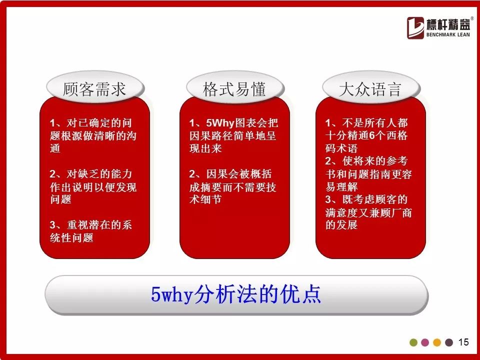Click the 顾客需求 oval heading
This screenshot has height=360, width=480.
(x=95, y=88)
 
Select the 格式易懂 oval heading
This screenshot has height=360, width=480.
(x=235, y=88)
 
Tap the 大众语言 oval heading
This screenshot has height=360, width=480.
(x=370, y=88)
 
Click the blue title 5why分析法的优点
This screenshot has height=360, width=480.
(x=235, y=294)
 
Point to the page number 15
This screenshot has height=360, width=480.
(x=463, y=342)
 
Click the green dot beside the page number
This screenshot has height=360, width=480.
(x=413, y=342)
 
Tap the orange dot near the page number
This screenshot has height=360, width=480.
(x=437, y=342)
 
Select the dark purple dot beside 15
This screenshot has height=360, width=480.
(x=449, y=342)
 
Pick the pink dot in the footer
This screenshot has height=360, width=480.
(x=425, y=342)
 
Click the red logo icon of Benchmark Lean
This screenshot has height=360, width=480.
(x=415, y=28)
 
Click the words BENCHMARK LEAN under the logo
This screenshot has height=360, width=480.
(x=448, y=34)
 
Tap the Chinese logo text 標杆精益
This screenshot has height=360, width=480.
(x=448, y=24)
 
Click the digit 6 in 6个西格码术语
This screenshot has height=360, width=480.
(x=372, y=135)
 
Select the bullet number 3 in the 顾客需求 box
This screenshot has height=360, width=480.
(x=52, y=225)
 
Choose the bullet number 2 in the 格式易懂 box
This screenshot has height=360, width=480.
(x=192, y=174)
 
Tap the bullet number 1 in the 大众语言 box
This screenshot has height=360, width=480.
(x=328, y=123)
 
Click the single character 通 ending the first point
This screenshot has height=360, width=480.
(x=55, y=148)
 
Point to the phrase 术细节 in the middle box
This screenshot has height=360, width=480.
(x=205, y=199)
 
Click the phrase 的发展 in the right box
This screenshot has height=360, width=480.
(x=341, y=225)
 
